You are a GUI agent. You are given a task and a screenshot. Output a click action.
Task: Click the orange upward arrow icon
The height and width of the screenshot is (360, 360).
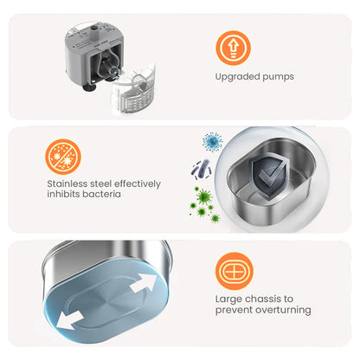(x=234, y=48)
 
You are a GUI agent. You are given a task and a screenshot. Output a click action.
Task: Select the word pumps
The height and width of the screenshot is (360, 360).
(x=279, y=77)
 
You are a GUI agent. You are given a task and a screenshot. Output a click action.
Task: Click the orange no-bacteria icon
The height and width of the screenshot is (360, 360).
(x=63, y=157)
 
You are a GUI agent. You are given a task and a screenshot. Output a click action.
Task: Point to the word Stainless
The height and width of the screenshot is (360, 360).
(x=67, y=183)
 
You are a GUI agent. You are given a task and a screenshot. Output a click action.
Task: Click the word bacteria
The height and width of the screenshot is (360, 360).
(x=102, y=194)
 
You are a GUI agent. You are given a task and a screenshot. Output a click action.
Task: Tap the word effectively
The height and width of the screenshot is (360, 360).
(x=138, y=183)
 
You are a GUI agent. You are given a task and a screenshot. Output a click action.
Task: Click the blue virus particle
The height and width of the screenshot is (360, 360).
(x=213, y=142)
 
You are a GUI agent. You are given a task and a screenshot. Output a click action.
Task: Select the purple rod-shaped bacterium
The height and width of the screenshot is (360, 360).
(x=202, y=170)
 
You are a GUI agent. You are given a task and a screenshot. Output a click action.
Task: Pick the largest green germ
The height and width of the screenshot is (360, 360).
(x=204, y=196)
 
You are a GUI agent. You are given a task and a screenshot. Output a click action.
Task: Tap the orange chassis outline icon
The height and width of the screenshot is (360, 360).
(x=235, y=271)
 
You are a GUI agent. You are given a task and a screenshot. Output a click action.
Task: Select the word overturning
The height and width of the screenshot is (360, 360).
(x=283, y=310)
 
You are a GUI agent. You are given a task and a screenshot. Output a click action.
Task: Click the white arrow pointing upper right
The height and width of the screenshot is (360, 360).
(x=144, y=284)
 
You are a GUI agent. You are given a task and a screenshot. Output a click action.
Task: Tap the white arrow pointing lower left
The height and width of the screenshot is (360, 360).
(x=69, y=319)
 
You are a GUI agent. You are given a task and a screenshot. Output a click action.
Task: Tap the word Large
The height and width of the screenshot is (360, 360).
(x=228, y=299)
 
